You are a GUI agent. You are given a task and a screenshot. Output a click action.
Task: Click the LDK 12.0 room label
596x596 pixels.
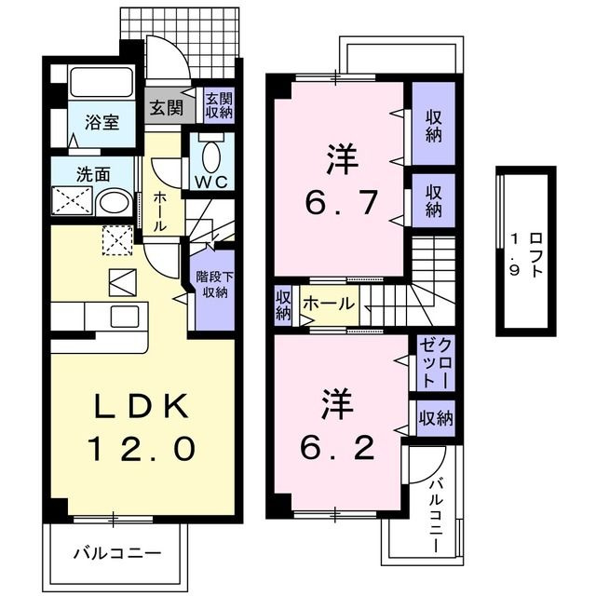click(142, 427)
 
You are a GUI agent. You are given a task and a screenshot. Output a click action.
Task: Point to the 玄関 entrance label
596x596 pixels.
click(168, 105)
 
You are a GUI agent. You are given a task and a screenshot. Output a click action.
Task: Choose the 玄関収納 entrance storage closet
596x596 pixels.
click(219, 105)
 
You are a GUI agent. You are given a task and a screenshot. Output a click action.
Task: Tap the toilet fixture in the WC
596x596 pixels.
click(211, 151)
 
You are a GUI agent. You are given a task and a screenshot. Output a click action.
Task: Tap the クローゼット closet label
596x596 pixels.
click(434, 362)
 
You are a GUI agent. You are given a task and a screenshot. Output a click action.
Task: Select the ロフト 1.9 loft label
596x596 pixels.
click(527, 250)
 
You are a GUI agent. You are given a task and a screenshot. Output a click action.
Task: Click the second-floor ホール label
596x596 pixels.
click(328, 304)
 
